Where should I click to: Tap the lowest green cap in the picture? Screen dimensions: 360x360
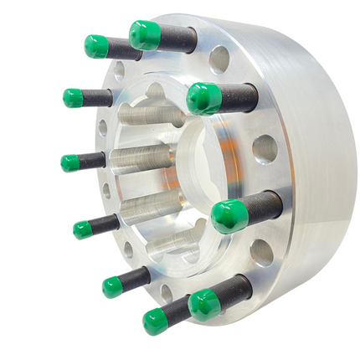[x=156, y=321]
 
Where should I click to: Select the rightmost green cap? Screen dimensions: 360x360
[x=229, y=216]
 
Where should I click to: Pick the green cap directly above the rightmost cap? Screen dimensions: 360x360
[x=203, y=99]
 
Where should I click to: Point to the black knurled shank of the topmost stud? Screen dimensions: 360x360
[x=177, y=39]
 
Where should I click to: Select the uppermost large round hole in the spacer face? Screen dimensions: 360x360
[x=220, y=59]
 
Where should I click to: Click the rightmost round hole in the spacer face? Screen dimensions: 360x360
[x=265, y=148]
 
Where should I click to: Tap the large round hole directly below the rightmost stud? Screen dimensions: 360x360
[x=261, y=252]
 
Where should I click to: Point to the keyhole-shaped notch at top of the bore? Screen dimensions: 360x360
[x=157, y=91]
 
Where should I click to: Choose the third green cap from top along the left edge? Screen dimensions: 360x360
[x=71, y=162]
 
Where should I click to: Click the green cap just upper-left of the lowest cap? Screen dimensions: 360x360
[x=113, y=287]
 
